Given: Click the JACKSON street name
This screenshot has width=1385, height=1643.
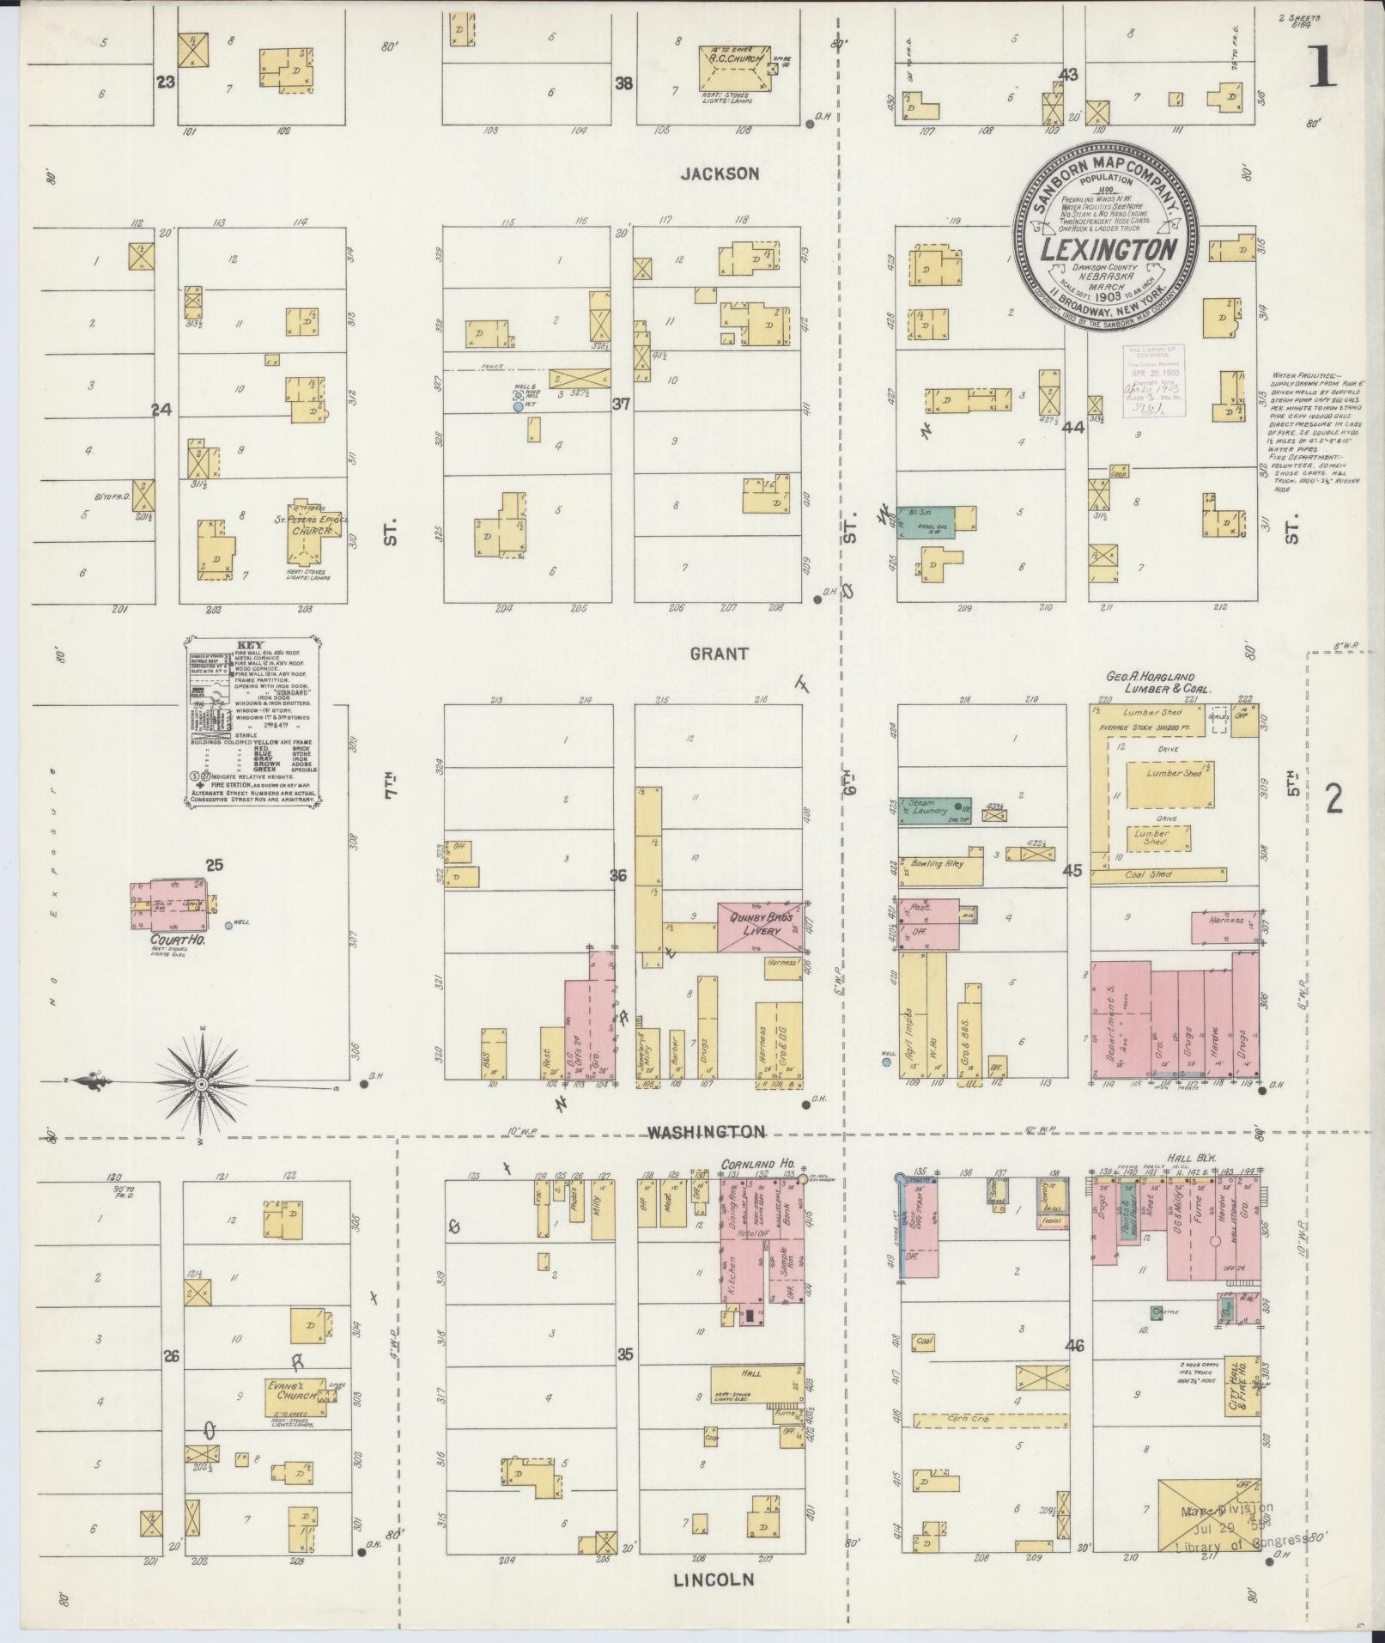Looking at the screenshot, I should tap(720, 173).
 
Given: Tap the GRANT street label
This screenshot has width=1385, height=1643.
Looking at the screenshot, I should tap(720, 654).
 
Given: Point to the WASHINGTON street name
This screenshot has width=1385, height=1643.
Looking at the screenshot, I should tap(705, 1132).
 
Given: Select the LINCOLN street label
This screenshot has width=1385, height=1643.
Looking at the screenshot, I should tap(714, 1579).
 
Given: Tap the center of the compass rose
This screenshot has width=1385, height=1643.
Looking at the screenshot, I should tap(201, 1085).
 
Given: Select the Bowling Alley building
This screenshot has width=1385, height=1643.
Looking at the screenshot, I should tap(940, 871).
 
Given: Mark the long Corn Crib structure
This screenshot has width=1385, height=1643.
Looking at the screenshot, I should tap(991, 1419).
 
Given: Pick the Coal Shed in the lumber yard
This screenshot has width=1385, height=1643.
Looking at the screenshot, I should tap(1158, 875).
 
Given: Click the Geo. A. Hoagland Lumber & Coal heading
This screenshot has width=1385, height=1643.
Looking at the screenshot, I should tap(1158, 683).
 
